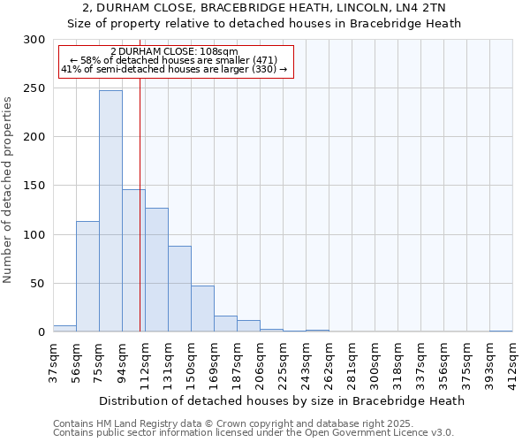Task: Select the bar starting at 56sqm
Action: pyautogui.click(x=87, y=276)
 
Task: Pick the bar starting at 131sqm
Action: pyautogui.click(x=179, y=288)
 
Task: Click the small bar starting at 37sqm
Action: pyautogui.click(x=64, y=329)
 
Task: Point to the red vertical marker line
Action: pyautogui.click(x=140, y=221)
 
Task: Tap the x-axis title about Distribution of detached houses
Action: pyautogui.click(x=282, y=400)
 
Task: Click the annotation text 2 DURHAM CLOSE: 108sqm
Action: pyautogui.click(x=174, y=52)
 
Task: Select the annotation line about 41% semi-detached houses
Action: pyautogui.click(x=174, y=69)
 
